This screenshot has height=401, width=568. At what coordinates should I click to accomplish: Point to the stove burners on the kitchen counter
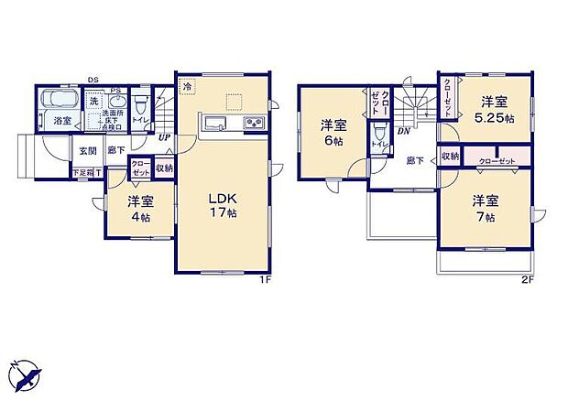pyautogui.click(x=253, y=125)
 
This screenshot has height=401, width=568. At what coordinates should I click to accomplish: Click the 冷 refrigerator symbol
pyautogui.click(x=187, y=88)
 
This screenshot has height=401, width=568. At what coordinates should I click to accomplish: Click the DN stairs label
pyautogui.click(x=403, y=131)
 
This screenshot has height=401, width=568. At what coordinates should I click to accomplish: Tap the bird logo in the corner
pyautogui.click(x=26, y=374)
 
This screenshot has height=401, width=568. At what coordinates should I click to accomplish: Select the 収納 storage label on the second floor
pyautogui.click(x=450, y=157)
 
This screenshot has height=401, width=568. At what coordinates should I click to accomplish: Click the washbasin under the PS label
pyautogui.click(x=115, y=100)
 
